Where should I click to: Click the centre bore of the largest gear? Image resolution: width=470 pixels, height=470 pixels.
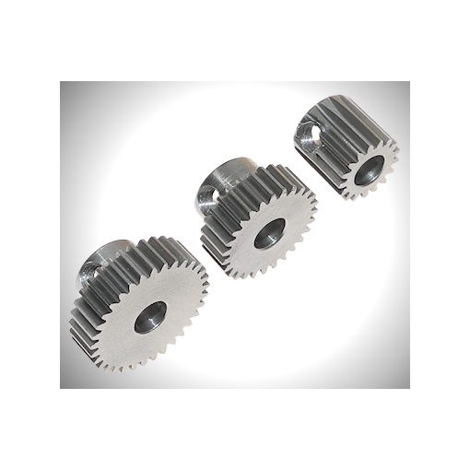coord(149,318)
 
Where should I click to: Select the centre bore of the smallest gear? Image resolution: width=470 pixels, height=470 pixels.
coord(370,168)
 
